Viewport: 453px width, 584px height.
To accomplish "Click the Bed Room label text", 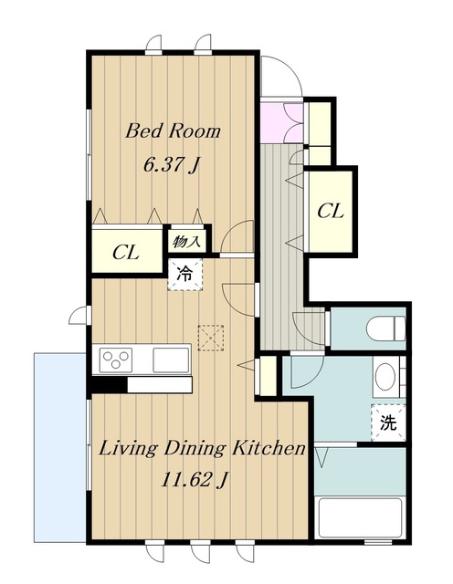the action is tap(173, 131).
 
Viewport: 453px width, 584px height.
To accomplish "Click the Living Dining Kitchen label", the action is tap(202, 449).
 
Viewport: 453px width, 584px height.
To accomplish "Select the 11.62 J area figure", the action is tap(195, 480).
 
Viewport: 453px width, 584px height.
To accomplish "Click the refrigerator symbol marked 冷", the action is tap(184, 275).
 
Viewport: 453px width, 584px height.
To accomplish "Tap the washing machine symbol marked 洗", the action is tap(388, 422).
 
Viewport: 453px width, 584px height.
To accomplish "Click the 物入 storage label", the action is tap(186, 242).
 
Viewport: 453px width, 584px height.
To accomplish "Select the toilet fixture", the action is tap(386, 328).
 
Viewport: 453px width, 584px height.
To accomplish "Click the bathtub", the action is tap(360, 517).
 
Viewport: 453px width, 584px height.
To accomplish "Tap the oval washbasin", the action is tap(385, 377).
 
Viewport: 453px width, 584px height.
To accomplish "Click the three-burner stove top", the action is tap(116, 360).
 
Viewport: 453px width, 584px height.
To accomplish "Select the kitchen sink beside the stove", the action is tap(171, 360).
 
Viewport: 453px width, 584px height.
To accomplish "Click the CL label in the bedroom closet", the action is tap(126, 253).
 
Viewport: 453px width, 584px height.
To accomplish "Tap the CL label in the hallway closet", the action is tap(331, 212).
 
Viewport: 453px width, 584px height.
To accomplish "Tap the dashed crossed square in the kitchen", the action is tap(211, 339).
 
